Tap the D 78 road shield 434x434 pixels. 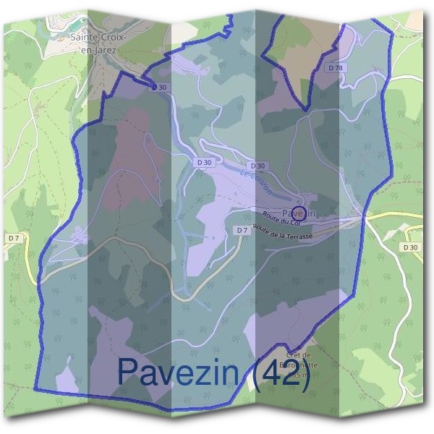[335, 67]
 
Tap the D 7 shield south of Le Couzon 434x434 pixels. [242, 230]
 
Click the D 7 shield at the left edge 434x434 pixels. [14, 237]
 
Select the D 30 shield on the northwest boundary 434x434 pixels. [159, 87]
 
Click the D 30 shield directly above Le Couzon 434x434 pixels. [258, 166]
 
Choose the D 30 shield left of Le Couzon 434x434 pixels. [205, 163]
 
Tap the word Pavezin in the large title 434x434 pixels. [179, 371]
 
